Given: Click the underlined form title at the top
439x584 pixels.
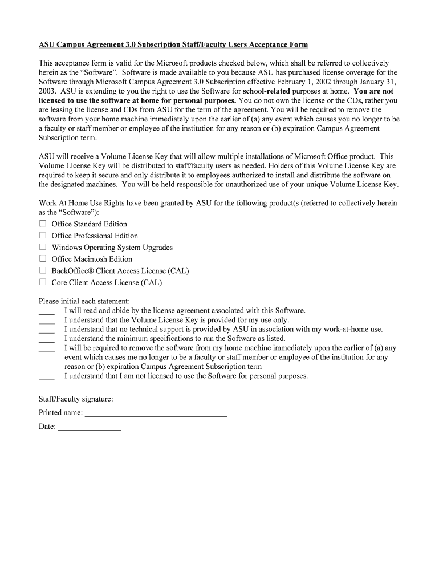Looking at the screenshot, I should click(x=173, y=44).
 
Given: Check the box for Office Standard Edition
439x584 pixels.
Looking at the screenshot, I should click(x=43, y=224).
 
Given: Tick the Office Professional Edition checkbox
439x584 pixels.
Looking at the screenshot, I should click(x=43, y=235).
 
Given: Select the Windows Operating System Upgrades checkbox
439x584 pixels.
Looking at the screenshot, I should click(x=43, y=247).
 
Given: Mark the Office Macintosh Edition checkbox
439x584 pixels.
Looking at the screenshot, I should click(x=43, y=258).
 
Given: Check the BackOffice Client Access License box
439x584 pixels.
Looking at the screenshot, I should click(x=43, y=270).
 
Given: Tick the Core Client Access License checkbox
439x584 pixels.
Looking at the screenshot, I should click(x=43, y=282).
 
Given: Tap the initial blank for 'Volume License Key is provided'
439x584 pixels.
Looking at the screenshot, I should click(x=47, y=322).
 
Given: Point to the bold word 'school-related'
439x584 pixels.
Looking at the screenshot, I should click(x=266, y=91).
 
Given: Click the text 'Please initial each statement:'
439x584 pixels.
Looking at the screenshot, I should click(x=84, y=301).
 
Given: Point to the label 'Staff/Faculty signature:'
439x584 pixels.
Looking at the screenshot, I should click(x=76, y=399).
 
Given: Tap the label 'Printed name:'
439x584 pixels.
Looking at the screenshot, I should click(x=60, y=413).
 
